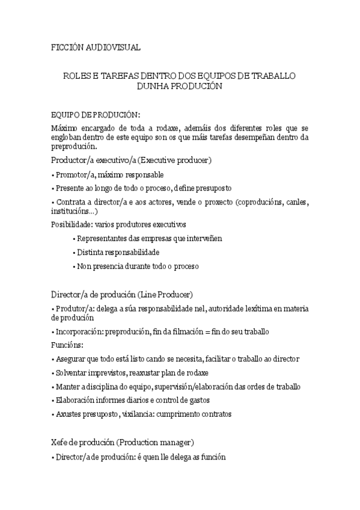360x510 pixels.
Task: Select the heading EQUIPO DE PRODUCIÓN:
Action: tap(96, 114)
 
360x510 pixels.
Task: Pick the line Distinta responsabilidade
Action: tap(118, 252)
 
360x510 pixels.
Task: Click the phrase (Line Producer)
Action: tap(165, 294)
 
